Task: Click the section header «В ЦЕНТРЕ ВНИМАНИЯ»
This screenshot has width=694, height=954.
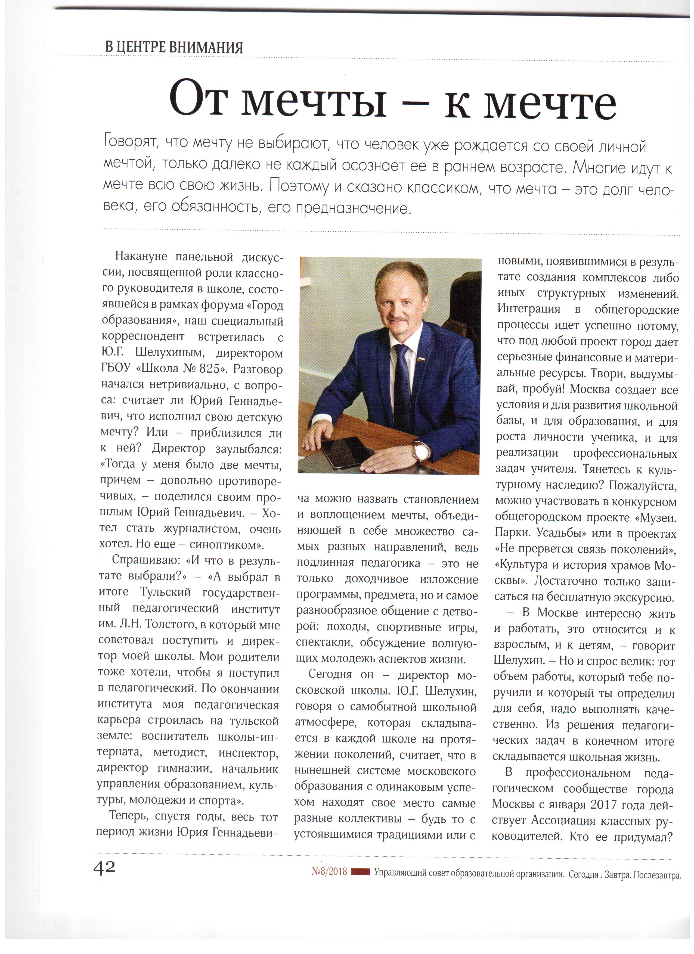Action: [174, 47]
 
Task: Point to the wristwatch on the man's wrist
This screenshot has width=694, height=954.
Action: [420, 451]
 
